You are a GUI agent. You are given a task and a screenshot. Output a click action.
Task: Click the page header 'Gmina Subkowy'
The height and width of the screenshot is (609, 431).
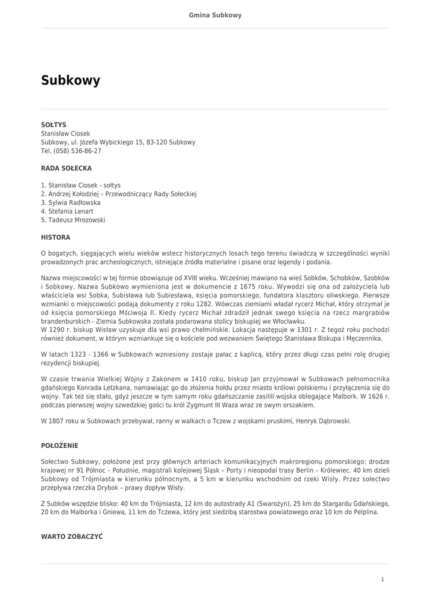pos(215,15)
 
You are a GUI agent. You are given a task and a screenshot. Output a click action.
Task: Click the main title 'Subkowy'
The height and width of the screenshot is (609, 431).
pos(71,80)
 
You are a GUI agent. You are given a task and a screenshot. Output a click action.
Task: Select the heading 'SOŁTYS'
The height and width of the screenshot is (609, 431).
pos(54,125)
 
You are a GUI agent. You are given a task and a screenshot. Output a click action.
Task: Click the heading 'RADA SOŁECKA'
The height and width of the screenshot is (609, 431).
pos(66,168)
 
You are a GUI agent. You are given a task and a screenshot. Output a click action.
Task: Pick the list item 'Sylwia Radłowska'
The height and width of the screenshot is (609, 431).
pos(74,203)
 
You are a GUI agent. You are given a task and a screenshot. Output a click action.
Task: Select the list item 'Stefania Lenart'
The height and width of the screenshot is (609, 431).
pos(71,211)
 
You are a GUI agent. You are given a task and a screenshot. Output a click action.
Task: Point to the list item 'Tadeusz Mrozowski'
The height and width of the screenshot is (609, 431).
pos(77,220)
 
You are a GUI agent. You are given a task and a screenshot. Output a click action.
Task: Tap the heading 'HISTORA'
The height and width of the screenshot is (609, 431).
pos(55,237)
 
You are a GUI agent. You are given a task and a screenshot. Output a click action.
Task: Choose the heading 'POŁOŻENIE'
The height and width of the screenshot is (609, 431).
pos(59,445)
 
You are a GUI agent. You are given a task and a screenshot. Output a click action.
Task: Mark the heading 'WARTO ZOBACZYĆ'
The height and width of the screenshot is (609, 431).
pos(72,536)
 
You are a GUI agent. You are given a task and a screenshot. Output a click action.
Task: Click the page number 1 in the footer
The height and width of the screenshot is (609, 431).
pos(383,579)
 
